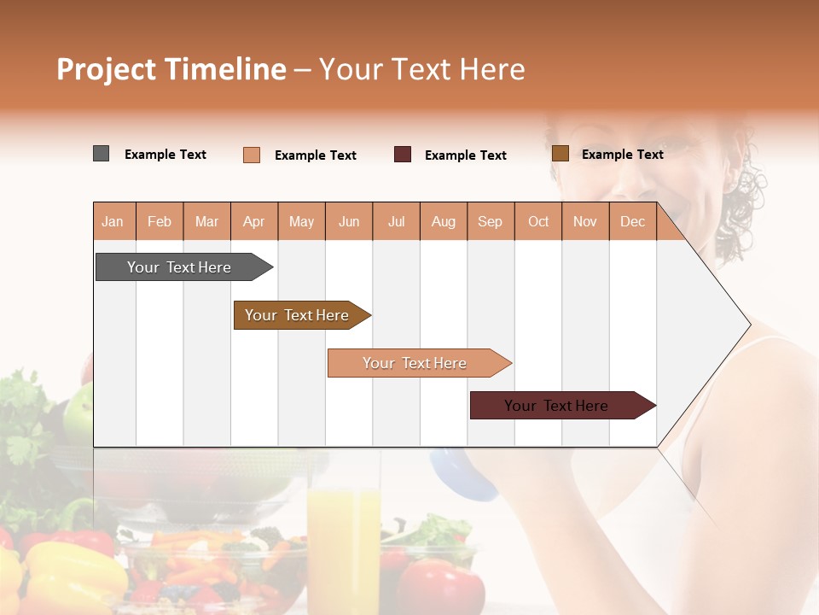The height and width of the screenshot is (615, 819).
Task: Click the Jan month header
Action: pyautogui.click(x=113, y=222)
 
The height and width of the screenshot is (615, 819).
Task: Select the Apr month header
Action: pyautogui.click(x=253, y=222)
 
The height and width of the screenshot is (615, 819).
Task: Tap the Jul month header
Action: pyautogui.click(x=396, y=222)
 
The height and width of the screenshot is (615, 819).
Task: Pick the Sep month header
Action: pyautogui.click(x=490, y=222)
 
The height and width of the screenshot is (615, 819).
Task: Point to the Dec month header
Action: pyautogui.click(x=632, y=222)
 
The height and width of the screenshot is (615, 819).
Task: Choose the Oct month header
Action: pyautogui.click(x=538, y=222)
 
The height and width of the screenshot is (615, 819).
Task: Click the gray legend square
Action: pyautogui.click(x=101, y=154)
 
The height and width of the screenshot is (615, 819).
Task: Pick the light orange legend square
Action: pyautogui.click(x=251, y=155)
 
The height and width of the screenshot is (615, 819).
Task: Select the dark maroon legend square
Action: pyautogui.click(x=402, y=155)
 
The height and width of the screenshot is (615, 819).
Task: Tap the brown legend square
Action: pyautogui.click(x=560, y=154)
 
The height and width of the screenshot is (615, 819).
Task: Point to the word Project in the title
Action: pyautogui.click(x=107, y=69)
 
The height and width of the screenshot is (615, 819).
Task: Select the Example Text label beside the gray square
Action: pyautogui.click(x=166, y=155)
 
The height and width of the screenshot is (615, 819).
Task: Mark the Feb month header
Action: pyautogui.click(x=160, y=222)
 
